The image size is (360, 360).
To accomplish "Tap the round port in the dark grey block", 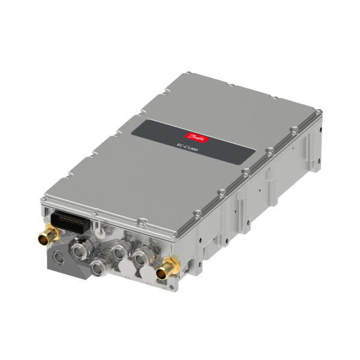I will [58, 259].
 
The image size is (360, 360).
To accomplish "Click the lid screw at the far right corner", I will [317, 113].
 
